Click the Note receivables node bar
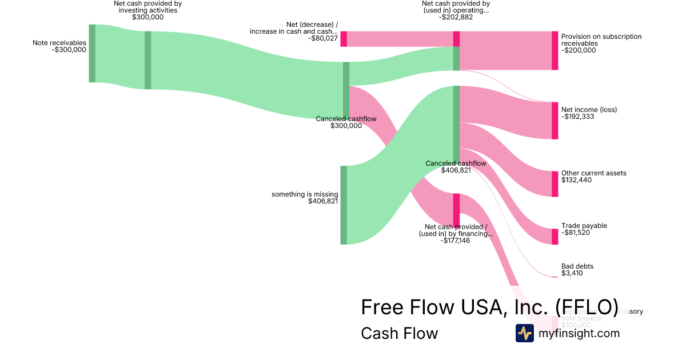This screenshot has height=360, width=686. point(92,53)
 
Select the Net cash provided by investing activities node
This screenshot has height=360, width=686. point(147,60)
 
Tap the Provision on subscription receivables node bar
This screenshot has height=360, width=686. point(555,50)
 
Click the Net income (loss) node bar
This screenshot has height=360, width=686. point(555,121)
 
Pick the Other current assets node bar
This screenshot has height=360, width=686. point(555,183)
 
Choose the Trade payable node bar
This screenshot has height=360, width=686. point(555,237)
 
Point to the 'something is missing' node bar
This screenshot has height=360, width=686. point(344,205)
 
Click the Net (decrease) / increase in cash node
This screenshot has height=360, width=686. point(344,39)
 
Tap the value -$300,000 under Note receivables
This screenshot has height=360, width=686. point(69,50)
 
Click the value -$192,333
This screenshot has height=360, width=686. point(579,117)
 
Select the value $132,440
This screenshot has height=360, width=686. point(576,180)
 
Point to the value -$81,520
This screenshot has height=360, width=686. point(576,233)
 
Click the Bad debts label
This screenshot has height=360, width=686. point(577,266)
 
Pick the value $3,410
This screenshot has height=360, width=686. point(572,273)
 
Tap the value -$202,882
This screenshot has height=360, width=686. point(456,17)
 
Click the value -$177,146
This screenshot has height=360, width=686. point(455,241)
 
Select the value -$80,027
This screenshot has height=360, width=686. point(322,38)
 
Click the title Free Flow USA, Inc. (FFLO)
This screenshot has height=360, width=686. point(489,307)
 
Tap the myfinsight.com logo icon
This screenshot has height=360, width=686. point(524,333)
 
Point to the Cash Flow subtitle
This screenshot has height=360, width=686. point(399,334)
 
